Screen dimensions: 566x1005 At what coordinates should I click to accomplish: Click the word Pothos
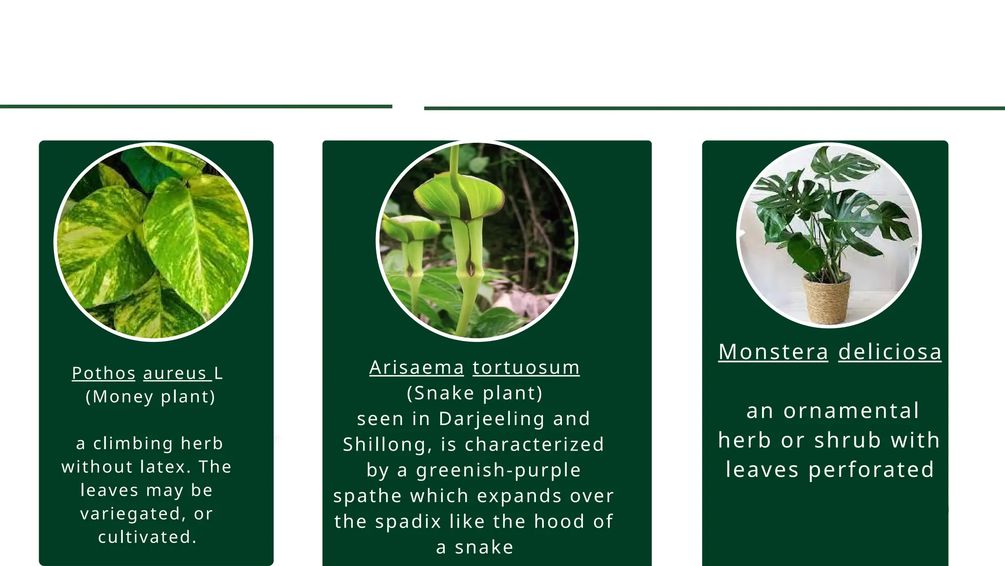[104, 373]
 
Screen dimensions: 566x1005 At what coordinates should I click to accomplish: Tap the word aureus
[175, 373]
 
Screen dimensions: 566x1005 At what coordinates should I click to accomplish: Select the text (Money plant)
[150, 396]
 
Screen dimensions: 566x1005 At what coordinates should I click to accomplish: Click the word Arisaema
[417, 368]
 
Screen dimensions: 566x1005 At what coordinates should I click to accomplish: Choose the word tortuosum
[526, 368]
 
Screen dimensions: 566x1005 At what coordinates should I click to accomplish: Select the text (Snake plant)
[475, 393]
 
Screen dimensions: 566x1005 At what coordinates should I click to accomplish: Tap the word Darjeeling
[492, 419]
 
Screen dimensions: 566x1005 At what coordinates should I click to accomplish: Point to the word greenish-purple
[498, 470]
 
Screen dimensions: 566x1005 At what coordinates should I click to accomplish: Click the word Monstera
[773, 352]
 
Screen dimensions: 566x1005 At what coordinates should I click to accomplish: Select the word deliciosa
[890, 352]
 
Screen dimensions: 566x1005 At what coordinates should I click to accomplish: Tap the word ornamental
[851, 411]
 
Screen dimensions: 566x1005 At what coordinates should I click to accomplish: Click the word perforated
[871, 470]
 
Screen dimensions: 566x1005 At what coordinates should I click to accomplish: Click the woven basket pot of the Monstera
[827, 300]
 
